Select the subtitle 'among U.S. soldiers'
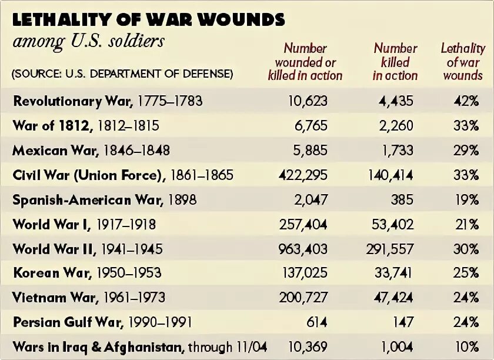point(88,42)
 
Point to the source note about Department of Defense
point(122,74)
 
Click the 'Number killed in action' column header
point(395,62)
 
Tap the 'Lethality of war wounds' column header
point(462,62)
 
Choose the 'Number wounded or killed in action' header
point(305,62)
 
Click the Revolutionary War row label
point(108,101)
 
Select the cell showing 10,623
point(308,101)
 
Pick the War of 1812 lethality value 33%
point(466,126)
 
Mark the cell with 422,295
point(303,175)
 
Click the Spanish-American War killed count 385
point(402,200)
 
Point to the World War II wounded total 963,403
point(303,249)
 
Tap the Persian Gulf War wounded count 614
point(316,322)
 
